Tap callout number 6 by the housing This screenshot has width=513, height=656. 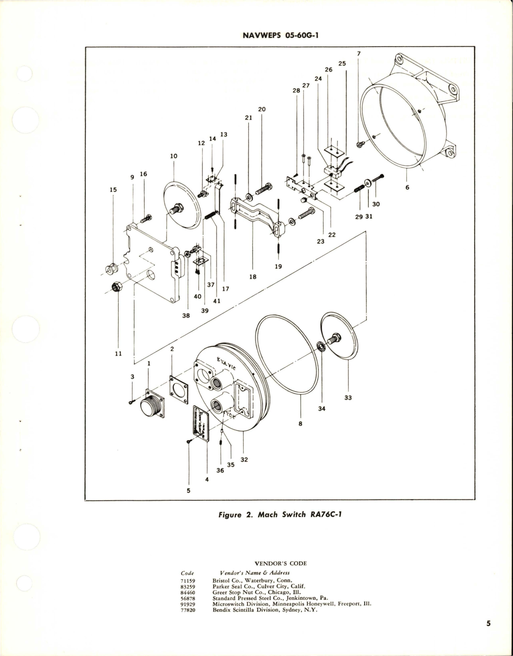pyautogui.click(x=407, y=187)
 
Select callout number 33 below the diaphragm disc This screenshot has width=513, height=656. pyautogui.click(x=348, y=398)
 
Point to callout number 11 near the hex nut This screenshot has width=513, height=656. pyautogui.click(x=118, y=354)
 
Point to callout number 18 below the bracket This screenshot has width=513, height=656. pyautogui.click(x=253, y=276)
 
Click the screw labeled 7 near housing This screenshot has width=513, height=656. pyautogui.click(x=360, y=145)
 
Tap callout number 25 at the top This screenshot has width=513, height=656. pyautogui.click(x=342, y=63)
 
